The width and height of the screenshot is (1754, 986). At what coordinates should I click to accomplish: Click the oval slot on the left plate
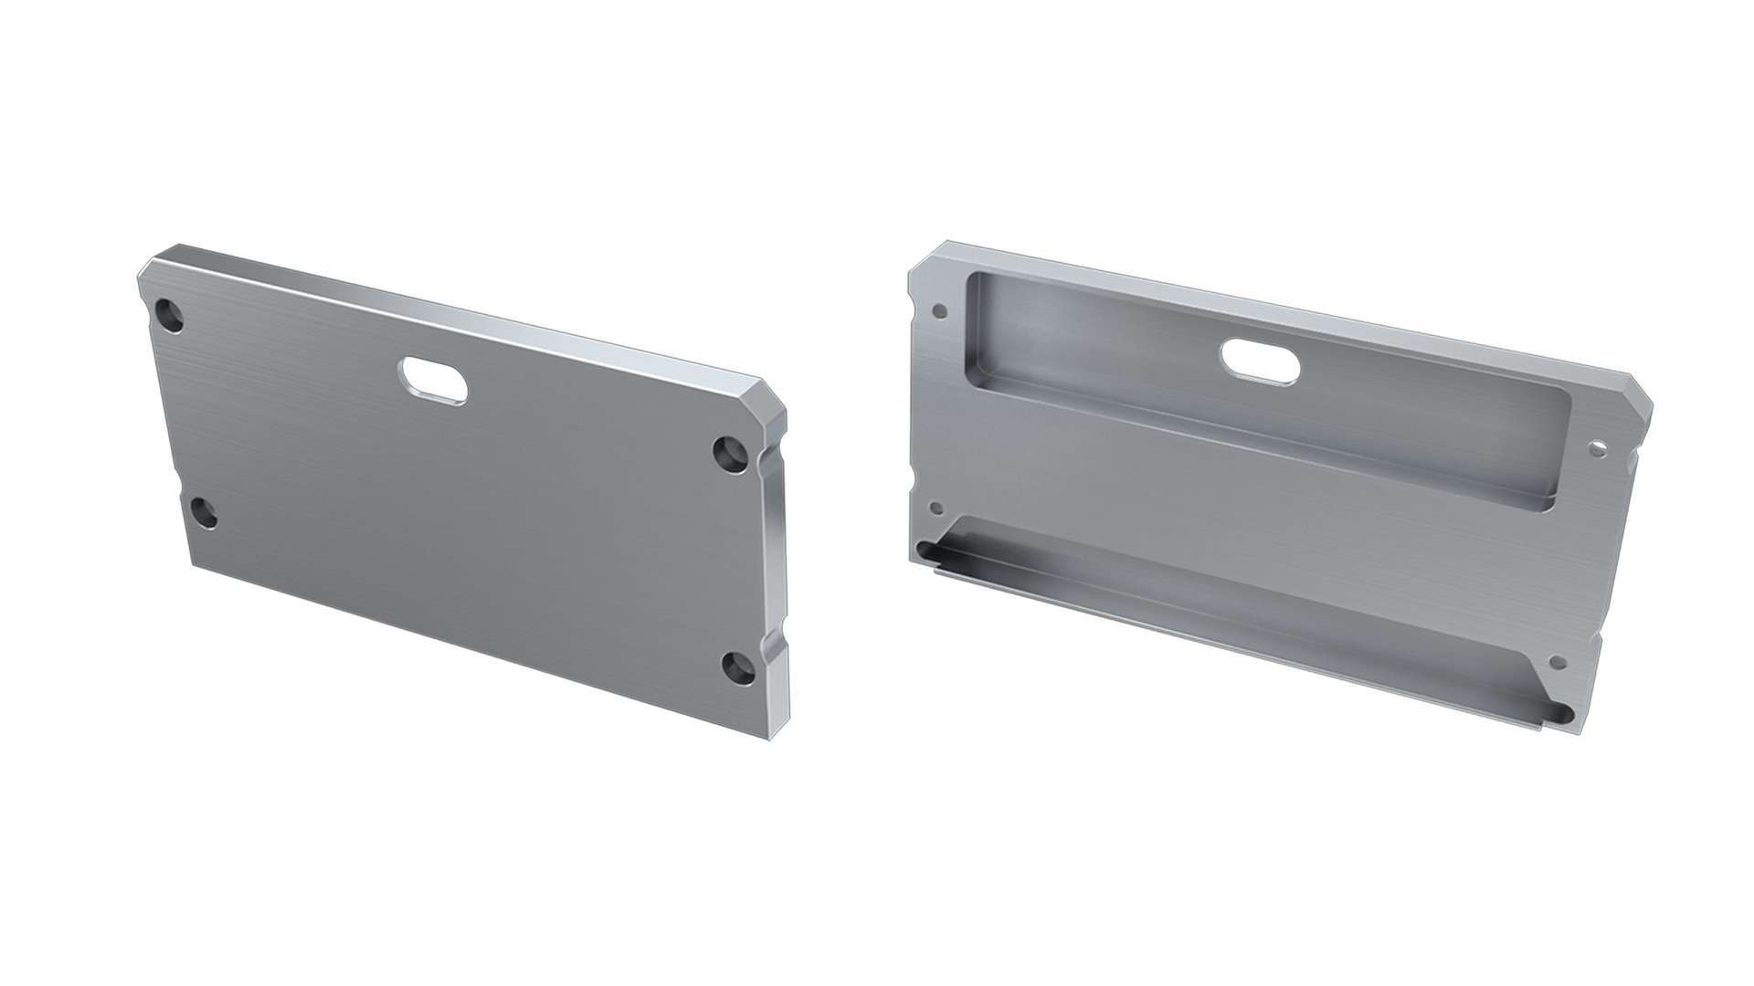click(x=433, y=379)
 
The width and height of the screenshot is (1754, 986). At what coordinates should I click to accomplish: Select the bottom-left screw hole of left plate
click(x=203, y=514)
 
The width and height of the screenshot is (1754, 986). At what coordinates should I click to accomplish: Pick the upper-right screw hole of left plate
click(x=730, y=452)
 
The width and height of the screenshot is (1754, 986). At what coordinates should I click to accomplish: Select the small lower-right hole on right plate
click(x=1559, y=662)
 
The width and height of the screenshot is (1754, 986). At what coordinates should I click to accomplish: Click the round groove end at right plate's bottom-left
click(x=925, y=551)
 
